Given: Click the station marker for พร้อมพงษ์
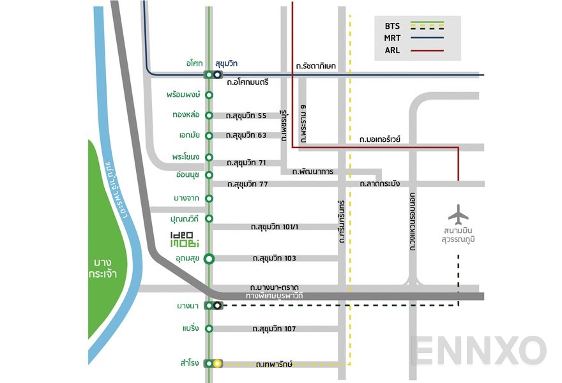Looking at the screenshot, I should coord(209,95).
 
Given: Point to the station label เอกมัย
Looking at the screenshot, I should coord(190,135).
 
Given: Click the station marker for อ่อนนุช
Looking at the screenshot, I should coord(209,174).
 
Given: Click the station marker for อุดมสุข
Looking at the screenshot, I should coord(209,259).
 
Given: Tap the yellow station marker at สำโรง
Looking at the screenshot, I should coord(217,364).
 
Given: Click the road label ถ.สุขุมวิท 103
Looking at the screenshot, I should coord(273,259).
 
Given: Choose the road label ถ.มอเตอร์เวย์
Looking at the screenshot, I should coord(379,138).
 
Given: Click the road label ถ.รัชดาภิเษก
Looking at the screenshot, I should coord(316,66).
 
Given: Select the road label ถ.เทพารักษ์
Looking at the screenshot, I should coord(274,364).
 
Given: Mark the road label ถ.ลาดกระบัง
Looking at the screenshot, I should coord(379,184).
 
